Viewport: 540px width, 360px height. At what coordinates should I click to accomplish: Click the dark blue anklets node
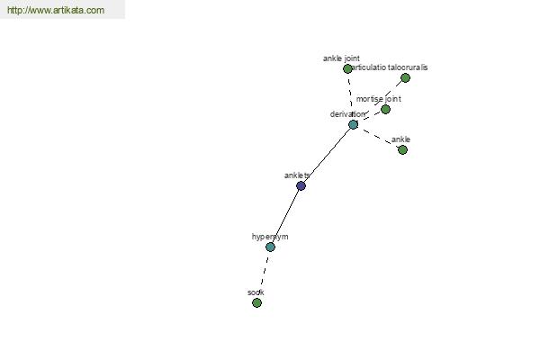(301, 186)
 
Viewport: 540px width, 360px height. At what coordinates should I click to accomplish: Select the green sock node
(256, 302)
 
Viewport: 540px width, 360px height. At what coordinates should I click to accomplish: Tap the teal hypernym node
(270, 247)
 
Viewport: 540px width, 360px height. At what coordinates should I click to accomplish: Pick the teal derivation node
(354, 125)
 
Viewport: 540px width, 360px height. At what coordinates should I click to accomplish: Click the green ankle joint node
(347, 69)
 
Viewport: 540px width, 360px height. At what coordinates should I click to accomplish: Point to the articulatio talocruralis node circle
(406, 78)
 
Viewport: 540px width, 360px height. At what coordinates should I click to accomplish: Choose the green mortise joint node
(386, 110)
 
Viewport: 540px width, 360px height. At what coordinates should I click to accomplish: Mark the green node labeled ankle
(402, 150)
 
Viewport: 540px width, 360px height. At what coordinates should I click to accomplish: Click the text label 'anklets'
(297, 175)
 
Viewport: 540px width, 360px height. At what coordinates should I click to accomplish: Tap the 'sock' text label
(256, 292)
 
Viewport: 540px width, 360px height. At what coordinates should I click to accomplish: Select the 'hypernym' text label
(270, 237)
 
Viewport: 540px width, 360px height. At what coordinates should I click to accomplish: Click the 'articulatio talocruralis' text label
(389, 67)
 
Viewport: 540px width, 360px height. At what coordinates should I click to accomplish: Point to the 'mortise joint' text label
(379, 99)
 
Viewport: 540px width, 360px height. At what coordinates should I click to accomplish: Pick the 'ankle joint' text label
(341, 58)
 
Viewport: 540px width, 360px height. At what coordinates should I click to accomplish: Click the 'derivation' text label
(347, 114)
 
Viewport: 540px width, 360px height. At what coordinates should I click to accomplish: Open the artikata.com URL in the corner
(56, 10)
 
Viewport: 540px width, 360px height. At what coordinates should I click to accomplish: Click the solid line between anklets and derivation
(328, 156)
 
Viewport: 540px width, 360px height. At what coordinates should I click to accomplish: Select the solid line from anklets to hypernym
(285, 217)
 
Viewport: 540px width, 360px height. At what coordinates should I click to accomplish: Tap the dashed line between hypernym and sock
(264, 274)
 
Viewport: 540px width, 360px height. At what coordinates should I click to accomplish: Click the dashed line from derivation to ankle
(378, 138)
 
